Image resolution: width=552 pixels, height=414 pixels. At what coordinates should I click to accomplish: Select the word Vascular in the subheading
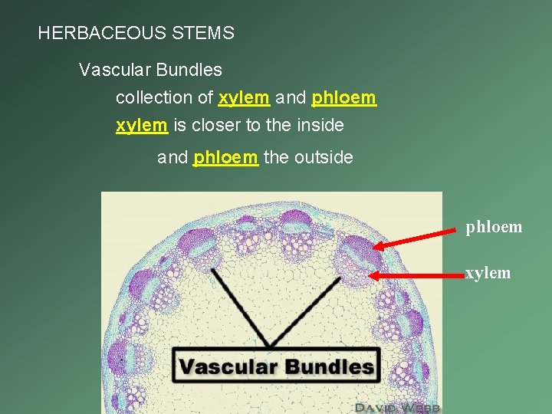pos(111,71)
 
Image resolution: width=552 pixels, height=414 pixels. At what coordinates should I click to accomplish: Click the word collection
pos(153,98)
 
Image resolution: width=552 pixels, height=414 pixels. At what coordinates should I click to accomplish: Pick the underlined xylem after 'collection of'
pos(244,98)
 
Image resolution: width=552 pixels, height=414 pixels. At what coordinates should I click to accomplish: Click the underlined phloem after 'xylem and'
pos(344,98)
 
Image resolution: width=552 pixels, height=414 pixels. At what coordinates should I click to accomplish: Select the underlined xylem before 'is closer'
pos(141,125)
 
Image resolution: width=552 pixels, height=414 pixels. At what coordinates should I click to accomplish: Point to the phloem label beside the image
pos(494,227)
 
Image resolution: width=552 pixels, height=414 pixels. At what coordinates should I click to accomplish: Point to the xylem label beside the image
pos(488,273)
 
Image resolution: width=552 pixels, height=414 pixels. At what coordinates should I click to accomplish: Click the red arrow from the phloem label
pos(417,237)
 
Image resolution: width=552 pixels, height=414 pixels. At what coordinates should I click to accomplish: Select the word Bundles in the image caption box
pos(325,366)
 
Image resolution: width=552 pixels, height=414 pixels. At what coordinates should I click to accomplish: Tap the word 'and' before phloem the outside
pos(172,158)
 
